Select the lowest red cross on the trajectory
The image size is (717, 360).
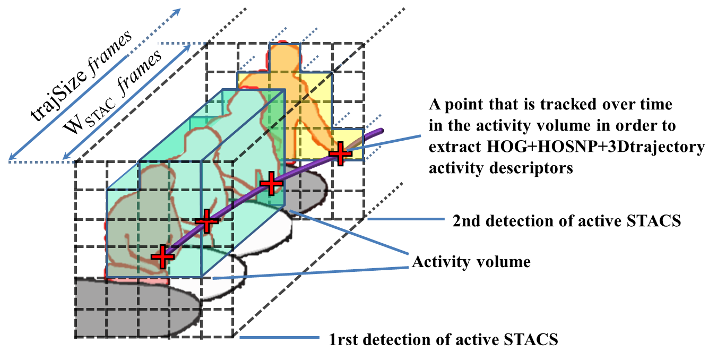(x=162, y=256)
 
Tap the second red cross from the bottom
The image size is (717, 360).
(x=207, y=220)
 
